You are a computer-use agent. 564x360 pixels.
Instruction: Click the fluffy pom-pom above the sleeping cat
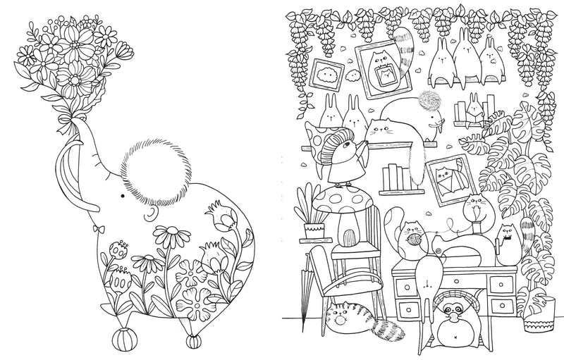[429, 101]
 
